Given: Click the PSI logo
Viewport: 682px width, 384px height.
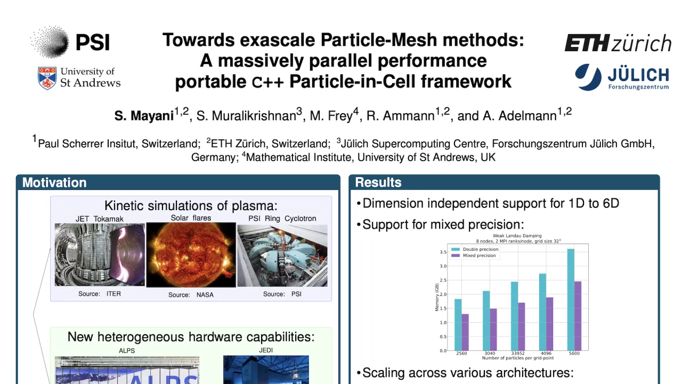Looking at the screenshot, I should [70, 42].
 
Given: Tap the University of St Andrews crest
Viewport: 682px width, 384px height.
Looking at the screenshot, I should [47, 78].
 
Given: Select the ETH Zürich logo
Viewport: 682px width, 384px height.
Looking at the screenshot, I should [618, 43].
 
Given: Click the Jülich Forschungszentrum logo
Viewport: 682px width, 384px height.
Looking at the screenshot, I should [622, 77].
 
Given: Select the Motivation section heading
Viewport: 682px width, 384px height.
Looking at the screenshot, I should [54, 182].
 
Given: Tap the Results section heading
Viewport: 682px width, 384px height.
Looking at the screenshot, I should [378, 182].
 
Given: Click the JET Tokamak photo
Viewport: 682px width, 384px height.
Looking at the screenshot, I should [100, 255].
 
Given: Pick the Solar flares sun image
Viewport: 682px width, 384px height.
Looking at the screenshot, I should [191, 255].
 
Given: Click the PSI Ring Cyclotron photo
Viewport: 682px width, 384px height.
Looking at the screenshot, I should [282, 255].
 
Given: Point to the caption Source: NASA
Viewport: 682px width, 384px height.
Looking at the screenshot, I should [191, 295].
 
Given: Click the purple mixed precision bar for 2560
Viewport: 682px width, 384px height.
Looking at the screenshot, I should [465, 332].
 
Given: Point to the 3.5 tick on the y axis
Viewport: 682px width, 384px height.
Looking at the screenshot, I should [443, 252].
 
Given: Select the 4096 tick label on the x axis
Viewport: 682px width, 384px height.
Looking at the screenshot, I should [546, 354].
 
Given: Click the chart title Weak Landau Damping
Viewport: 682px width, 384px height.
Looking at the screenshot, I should [517, 235].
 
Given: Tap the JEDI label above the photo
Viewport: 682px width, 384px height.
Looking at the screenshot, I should [265, 350].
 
